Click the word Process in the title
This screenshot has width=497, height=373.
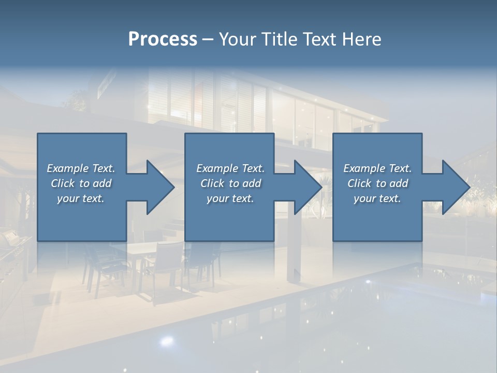coord(163,39)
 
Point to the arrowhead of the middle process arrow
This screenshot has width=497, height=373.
coord(308,187)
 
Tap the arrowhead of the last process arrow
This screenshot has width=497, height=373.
coord(456,187)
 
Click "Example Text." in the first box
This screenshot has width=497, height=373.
coord(81,168)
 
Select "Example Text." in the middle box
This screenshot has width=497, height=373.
coord(230,168)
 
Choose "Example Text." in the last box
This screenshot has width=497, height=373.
coord(377,168)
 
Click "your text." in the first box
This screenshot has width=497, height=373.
coord(81,198)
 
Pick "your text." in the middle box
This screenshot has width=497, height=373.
coord(230,198)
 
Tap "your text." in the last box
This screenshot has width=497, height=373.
coord(377,198)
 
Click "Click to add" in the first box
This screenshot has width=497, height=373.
coord(81,183)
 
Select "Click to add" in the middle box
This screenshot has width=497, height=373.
coord(230,183)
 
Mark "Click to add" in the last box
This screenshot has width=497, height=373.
coord(377,183)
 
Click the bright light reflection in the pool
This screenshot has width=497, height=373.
coord(166,340)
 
